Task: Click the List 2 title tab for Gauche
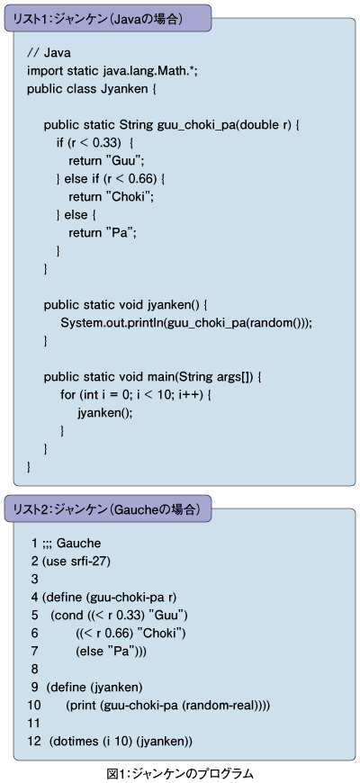pyautogui.click(x=106, y=509)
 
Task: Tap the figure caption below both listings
pyautogui.click(x=180, y=773)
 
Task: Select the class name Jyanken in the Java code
pyautogui.click(x=124, y=90)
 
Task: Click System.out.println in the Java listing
pyautogui.click(x=112, y=322)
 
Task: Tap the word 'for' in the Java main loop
pyautogui.click(x=67, y=394)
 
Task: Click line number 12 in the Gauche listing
pyautogui.click(x=34, y=741)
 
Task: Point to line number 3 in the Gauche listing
pyautogui.click(x=34, y=579)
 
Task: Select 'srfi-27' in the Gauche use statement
pyautogui.click(x=92, y=561)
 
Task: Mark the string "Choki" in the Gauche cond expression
pyautogui.click(x=162, y=633)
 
